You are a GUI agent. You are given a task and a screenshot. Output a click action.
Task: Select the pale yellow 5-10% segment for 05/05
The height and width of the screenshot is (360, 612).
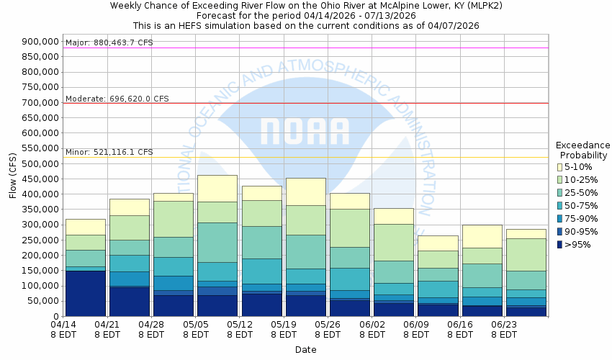tap(217, 189)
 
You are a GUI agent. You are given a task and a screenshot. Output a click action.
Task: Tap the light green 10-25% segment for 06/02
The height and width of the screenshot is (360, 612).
tap(394, 242)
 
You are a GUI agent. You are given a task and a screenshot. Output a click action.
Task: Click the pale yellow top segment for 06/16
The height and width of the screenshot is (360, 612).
tap(482, 236)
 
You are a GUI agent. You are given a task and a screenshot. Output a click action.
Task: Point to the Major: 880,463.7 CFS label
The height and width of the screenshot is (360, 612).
tap(109, 43)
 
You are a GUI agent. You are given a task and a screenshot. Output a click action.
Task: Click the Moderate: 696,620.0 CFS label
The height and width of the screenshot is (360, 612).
tap(117, 98)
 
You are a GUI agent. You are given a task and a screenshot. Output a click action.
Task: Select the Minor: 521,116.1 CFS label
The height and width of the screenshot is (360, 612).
tap(109, 153)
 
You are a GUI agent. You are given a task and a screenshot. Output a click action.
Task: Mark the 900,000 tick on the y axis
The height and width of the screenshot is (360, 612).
tap(40, 41)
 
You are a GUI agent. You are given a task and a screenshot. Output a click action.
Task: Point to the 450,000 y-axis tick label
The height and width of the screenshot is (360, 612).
tap(40, 179)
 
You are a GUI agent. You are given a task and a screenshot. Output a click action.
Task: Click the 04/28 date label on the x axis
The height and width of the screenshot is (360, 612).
tap(152, 325)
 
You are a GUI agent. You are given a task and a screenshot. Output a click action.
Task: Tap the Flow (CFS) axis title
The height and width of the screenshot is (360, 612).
tap(13, 179)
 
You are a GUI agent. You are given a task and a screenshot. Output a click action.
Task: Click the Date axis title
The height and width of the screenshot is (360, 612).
tap(305, 349)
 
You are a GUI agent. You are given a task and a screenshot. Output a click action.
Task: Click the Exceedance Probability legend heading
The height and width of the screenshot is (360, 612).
tap(583, 150)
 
